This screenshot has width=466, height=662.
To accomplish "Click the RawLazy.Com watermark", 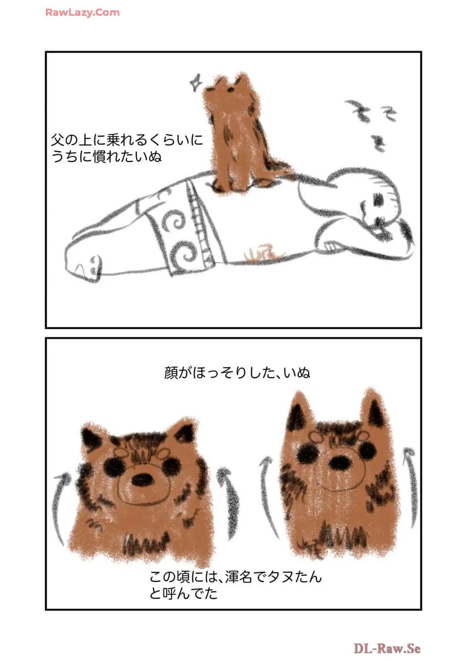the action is [82, 12].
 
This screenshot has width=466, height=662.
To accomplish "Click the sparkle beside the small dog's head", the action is [196, 82].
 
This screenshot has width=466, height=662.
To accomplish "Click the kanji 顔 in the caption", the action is [171, 373].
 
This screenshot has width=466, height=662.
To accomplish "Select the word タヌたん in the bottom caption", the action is [295, 582].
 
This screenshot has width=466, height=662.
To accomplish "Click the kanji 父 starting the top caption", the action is [58, 140].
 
